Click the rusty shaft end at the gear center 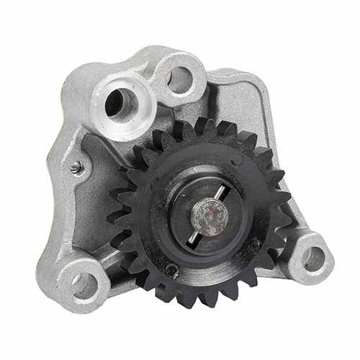pos(208,215)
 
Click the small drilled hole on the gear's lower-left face pos(171,269)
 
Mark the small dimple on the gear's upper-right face pos(238,160)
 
